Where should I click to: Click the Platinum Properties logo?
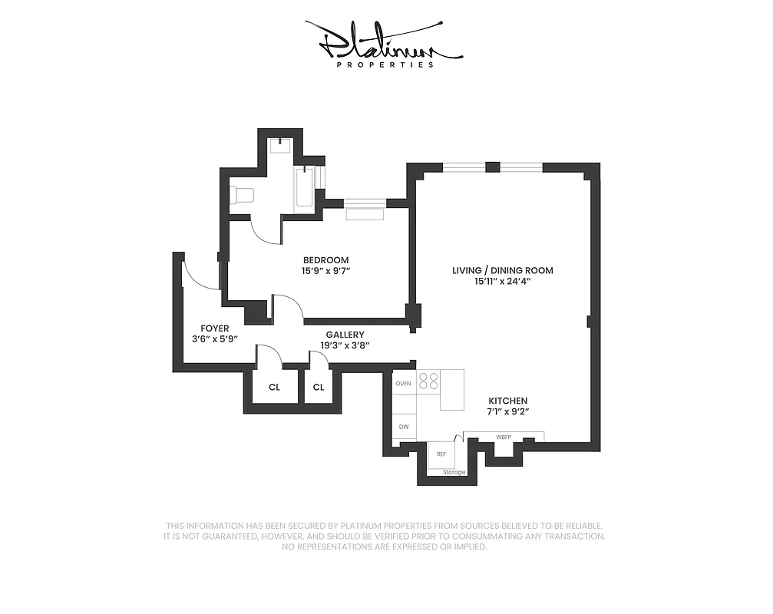(x=384, y=45)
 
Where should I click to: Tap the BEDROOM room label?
(x=325, y=260)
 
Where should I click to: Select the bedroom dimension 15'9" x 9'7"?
(x=325, y=271)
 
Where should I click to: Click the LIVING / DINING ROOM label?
(x=502, y=271)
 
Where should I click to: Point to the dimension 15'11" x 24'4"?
(x=502, y=282)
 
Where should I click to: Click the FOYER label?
(x=215, y=328)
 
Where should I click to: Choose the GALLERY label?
(x=345, y=335)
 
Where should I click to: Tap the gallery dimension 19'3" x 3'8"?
(x=345, y=345)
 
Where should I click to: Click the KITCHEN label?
(x=508, y=401)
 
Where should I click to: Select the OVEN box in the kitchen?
(x=403, y=383)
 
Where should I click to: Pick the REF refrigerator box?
(x=441, y=454)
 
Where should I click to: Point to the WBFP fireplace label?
(x=504, y=437)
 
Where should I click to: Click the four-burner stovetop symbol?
(x=428, y=381)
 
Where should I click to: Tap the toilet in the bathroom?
(x=242, y=195)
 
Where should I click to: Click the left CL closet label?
(x=274, y=388)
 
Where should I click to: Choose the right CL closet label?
(x=318, y=388)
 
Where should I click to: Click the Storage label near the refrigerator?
(x=454, y=472)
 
